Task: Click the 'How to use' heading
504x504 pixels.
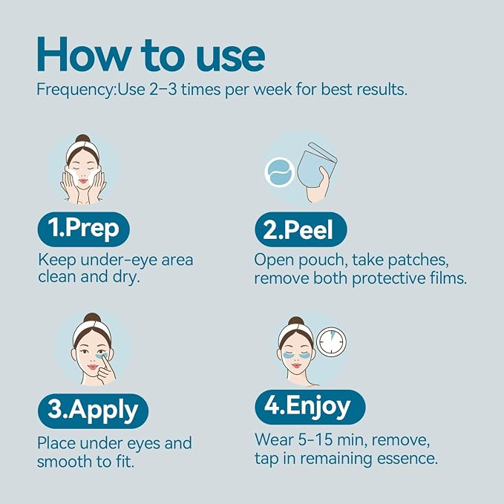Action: click(151, 55)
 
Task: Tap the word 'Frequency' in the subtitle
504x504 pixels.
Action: click(75, 90)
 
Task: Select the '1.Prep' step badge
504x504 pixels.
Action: click(84, 229)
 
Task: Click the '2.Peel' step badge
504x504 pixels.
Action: click(301, 229)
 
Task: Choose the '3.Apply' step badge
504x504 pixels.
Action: click(94, 411)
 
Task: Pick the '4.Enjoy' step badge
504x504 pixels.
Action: click(310, 407)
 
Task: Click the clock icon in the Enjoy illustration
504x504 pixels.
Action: click(331, 341)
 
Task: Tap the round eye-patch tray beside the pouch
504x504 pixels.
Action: click(280, 172)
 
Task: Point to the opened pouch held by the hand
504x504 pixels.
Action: click(317, 163)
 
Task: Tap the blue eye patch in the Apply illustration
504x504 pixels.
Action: click(103, 356)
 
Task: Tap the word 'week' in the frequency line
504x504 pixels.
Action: click(273, 89)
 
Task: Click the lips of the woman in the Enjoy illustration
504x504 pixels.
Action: click(296, 366)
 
